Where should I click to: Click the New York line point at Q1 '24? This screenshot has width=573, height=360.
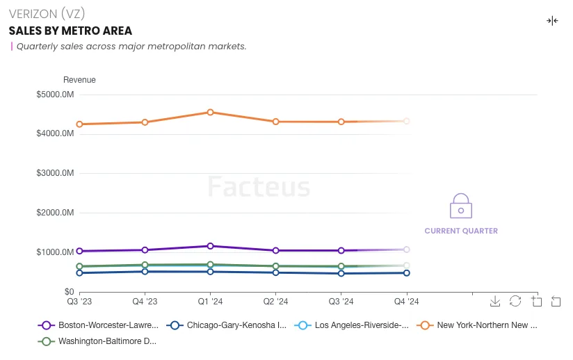coord(210,113)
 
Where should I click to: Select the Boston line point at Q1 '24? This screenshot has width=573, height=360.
coord(210,246)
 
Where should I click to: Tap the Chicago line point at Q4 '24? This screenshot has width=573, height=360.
coord(407,273)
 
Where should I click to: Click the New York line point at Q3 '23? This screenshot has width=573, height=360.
coord(79,124)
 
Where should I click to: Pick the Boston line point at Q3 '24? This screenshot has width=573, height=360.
coord(341,250)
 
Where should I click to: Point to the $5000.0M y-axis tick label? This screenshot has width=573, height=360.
coord(55,95)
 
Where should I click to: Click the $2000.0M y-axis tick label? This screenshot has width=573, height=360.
coord(55,213)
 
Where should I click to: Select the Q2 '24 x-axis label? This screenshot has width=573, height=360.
coord(275,302)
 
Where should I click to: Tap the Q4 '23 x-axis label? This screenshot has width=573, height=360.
coord(145,302)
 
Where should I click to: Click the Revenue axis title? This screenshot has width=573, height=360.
coord(79,80)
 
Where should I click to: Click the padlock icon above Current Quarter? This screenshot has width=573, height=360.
coord(460,206)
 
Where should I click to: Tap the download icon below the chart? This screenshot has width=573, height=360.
coord(495,301)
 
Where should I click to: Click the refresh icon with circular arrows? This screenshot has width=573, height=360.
coord(515,301)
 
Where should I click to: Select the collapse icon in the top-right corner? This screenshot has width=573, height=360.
coord(552,21)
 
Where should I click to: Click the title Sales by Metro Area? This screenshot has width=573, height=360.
coord(70,31)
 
